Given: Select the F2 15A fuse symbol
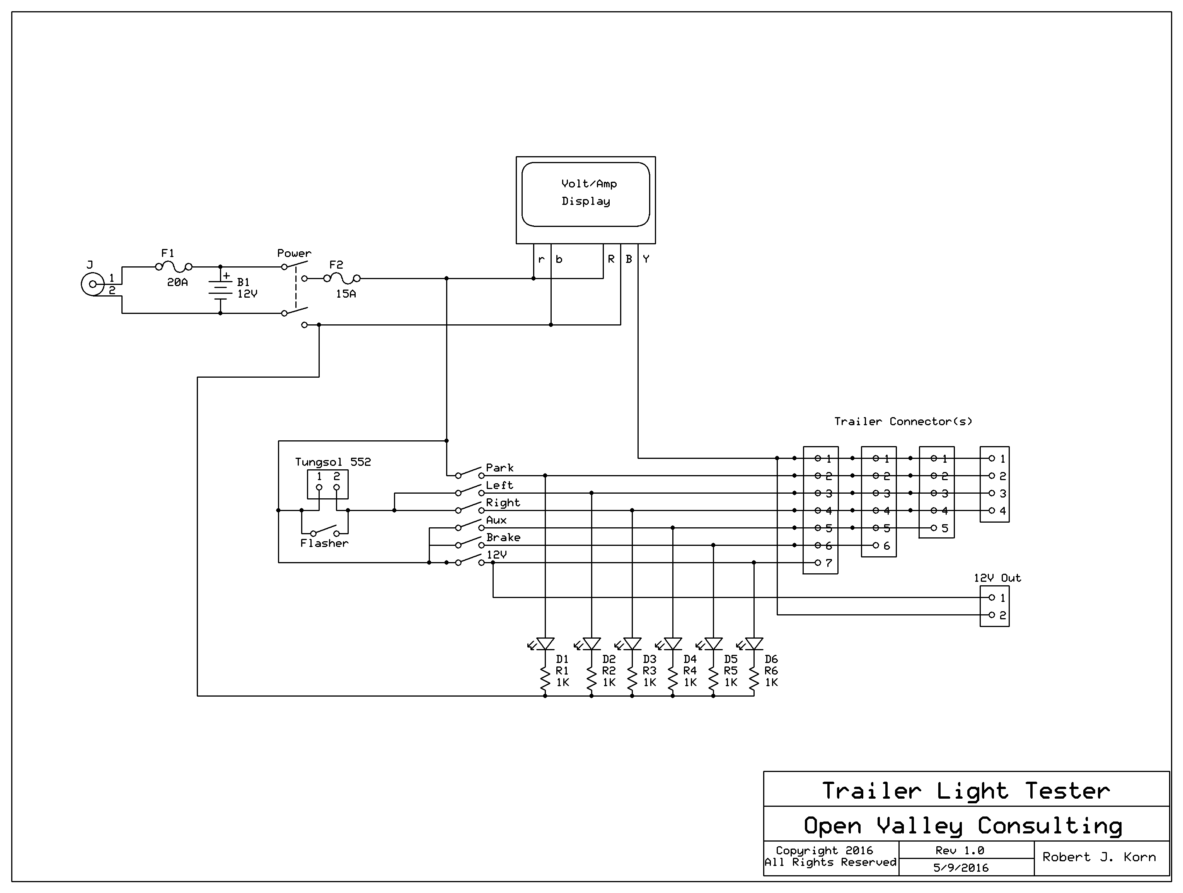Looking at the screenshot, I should click(342, 278).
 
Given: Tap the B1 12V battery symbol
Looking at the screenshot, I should click(220, 290).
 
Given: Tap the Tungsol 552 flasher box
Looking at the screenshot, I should click(328, 484).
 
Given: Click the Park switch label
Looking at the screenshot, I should click(499, 467).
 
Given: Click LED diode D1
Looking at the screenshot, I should click(545, 643).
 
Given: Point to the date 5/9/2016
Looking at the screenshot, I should click(961, 868).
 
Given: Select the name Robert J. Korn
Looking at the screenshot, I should click(1099, 857).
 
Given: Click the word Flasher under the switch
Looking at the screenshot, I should click(324, 543).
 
